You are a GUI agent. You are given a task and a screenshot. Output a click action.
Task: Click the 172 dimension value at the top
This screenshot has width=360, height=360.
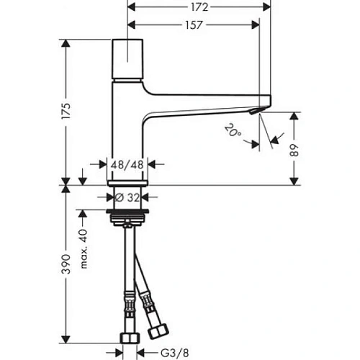point(199,7)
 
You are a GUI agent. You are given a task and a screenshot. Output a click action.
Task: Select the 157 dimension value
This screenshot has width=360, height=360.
point(191,24)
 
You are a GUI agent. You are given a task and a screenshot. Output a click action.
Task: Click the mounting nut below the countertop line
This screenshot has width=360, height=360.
point(128,215)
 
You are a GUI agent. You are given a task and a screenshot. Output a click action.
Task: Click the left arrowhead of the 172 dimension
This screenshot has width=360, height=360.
point(130,8)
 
